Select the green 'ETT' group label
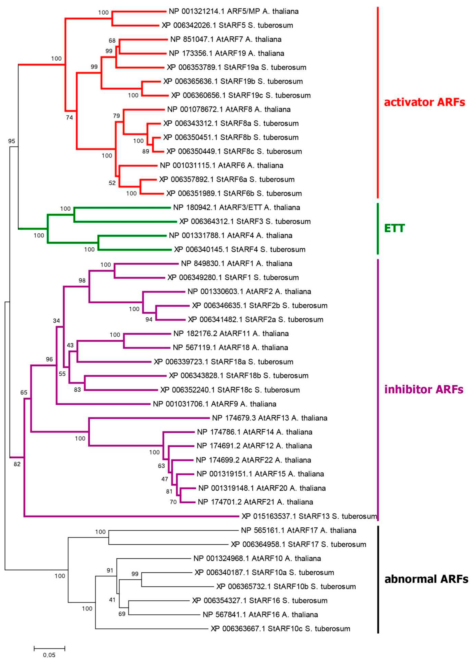tap(394, 228)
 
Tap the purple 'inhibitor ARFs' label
tap(423, 389)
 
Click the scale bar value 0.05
tap(49, 655)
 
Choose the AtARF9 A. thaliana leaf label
tap(215, 404)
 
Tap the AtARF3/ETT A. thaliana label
tap(236, 207)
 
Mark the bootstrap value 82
tap(17, 464)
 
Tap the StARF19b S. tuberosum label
tap(233, 81)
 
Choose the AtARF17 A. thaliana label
tap(298, 530)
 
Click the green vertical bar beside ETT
tap(377, 228)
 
